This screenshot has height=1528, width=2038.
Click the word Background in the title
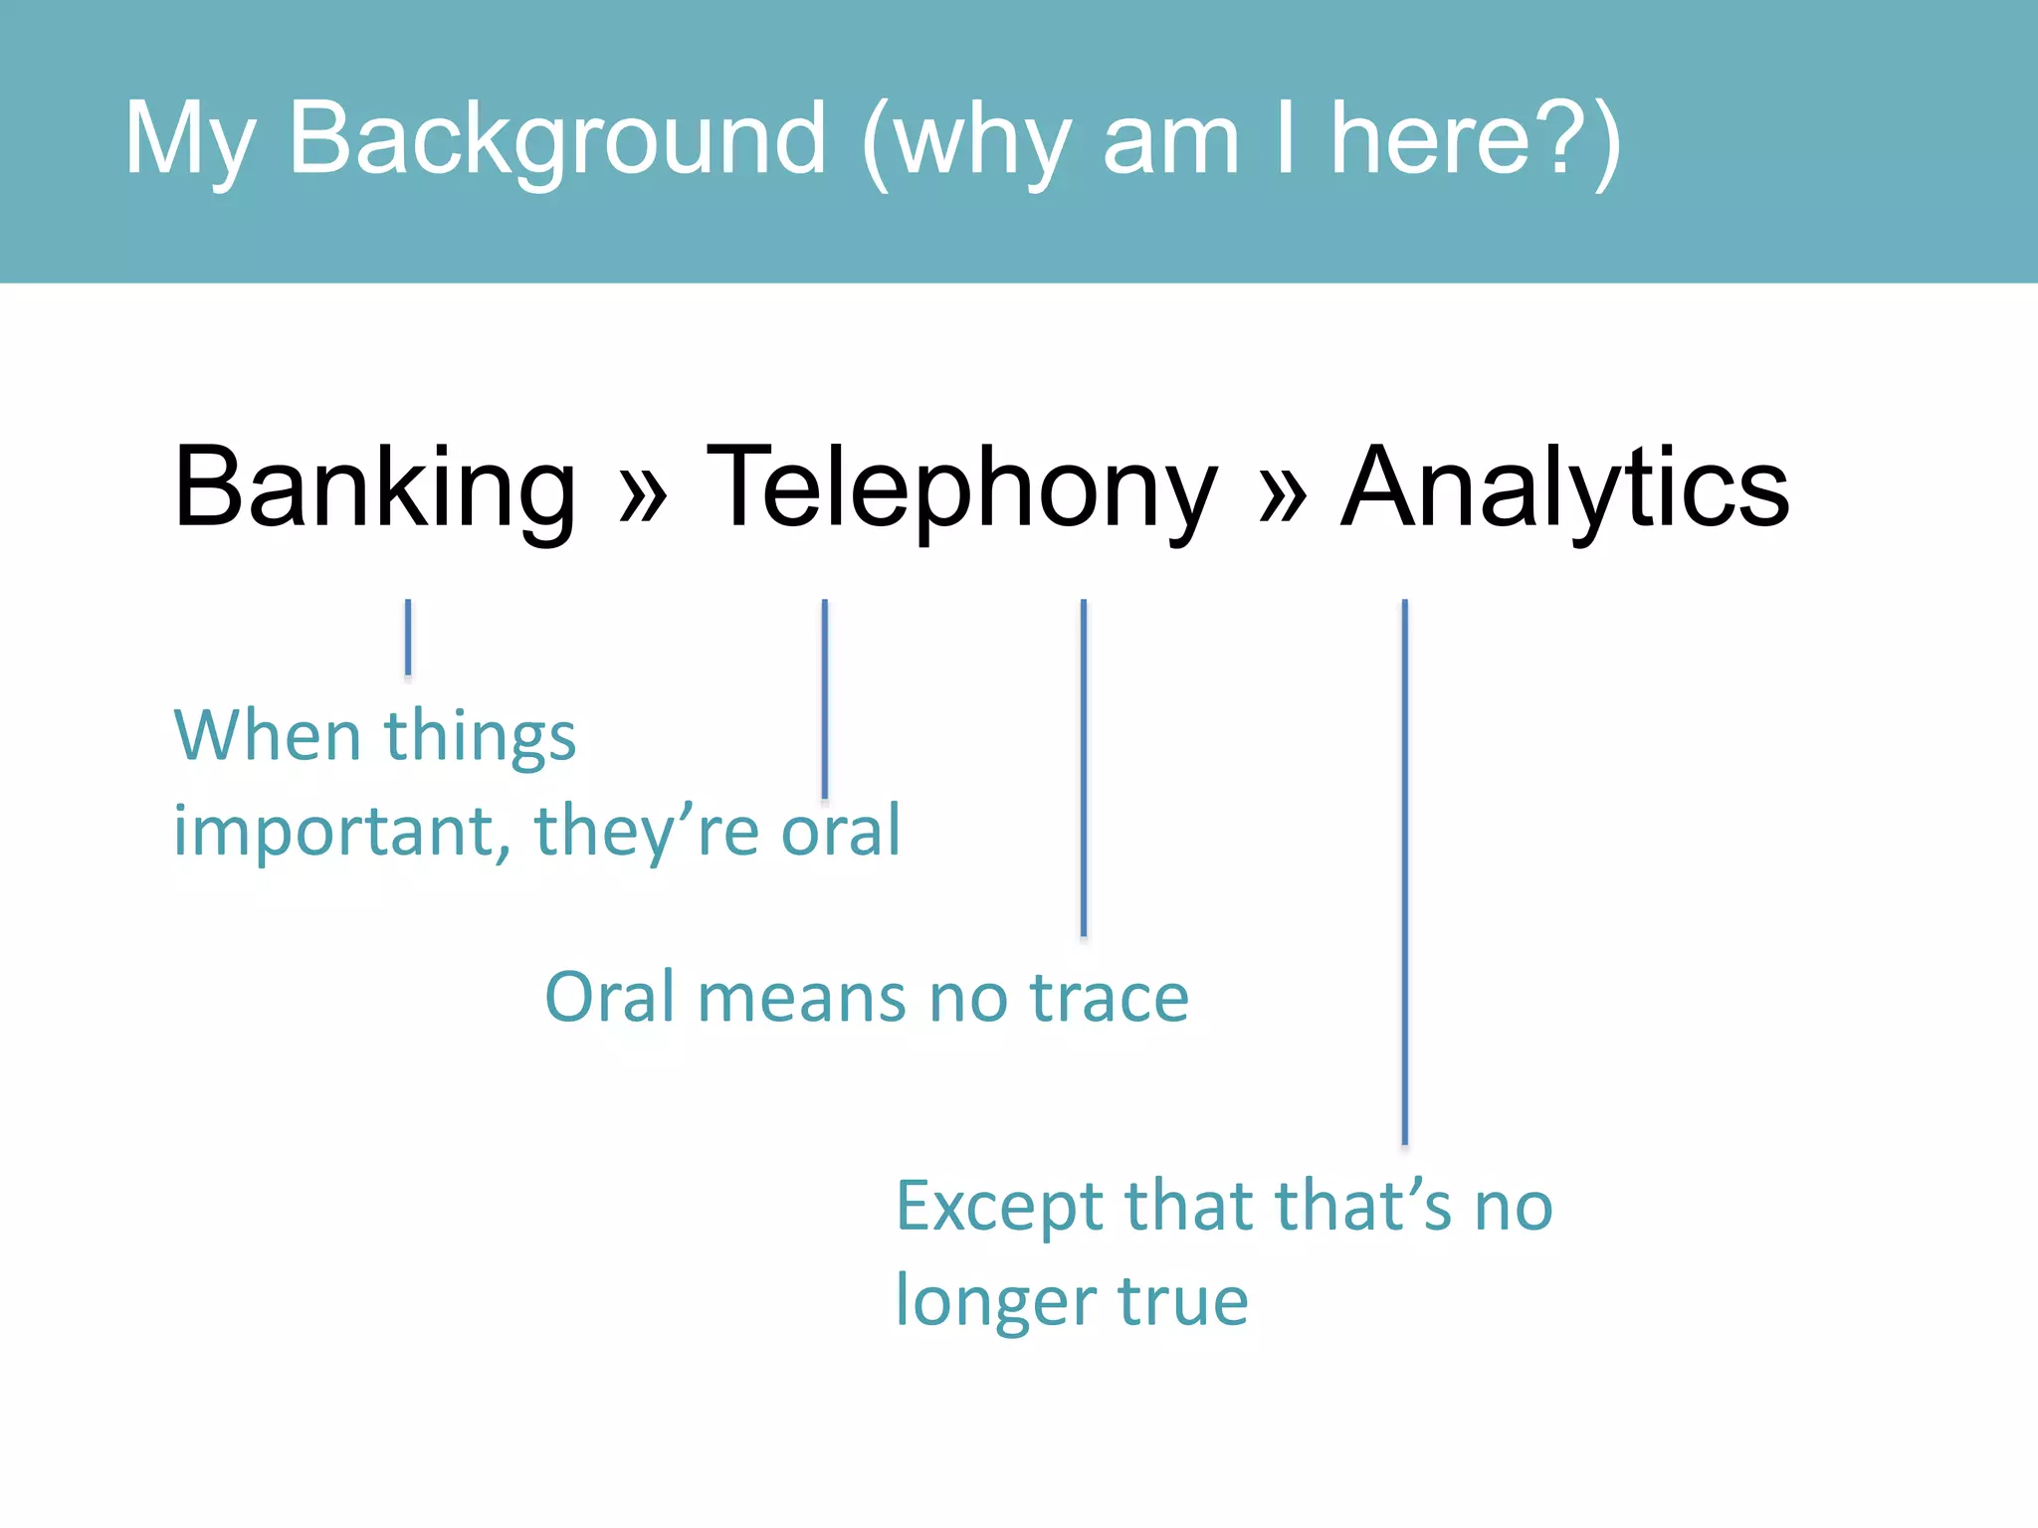coord(557,139)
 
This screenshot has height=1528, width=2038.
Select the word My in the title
coord(189,139)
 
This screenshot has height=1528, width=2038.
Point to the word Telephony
coord(961,487)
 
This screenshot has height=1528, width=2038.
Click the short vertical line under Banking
coord(408,637)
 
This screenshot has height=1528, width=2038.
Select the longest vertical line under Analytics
coord(1404,870)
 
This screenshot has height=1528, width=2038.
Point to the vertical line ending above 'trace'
coord(1084,766)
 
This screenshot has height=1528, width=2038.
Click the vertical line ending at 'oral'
coord(825,696)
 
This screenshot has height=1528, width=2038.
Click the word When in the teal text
coord(267,736)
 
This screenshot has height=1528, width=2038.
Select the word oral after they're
coord(841,831)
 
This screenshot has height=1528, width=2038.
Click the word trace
coord(1109,997)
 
